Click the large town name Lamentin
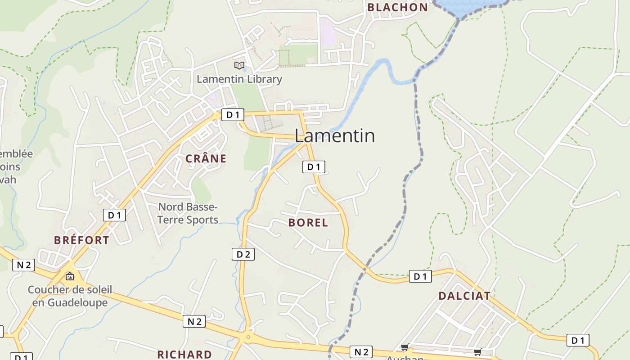pyautogui.click(x=334, y=135)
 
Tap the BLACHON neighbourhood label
pyautogui.click(x=397, y=7)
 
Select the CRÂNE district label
pyautogui.click(x=206, y=158)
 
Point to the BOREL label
pyautogui.click(x=308, y=223)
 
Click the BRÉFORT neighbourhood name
pyautogui.click(x=81, y=240)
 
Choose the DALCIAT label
pyautogui.click(x=464, y=296)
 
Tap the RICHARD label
pyautogui.click(x=184, y=354)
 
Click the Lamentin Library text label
pyautogui.click(x=239, y=79)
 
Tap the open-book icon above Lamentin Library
pyautogui.click(x=239, y=66)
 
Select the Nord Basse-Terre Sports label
pyautogui.click(x=188, y=213)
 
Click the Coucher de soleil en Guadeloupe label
pyautogui.click(x=70, y=296)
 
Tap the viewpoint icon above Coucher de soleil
pyautogui.click(x=69, y=276)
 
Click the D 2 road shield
pyautogui.click(x=243, y=254)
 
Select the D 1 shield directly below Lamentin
pyautogui.click(x=313, y=167)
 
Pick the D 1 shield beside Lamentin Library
pyautogui.click(x=233, y=115)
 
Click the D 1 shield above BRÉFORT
pyautogui.click(x=114, y=215)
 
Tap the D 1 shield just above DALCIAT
pyautogui.click(x=420, y=276)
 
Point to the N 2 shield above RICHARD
pyautogui.click(x=194, y=321)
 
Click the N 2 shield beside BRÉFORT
pyautogui.click(x=23, y=265)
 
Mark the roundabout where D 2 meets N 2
pyautogui.click(x=247, y=336)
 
